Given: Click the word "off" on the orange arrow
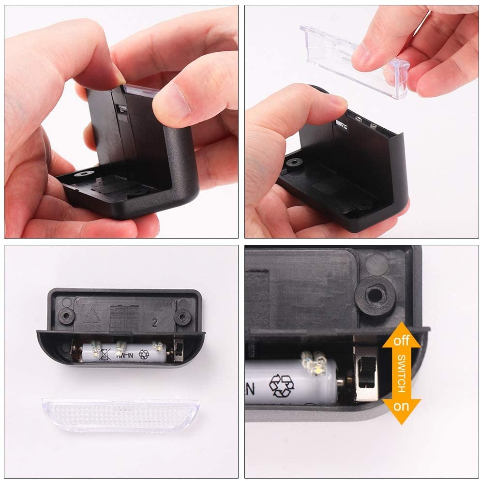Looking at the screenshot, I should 401,341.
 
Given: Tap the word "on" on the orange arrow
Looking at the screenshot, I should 401,406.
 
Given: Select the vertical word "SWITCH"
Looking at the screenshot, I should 402,373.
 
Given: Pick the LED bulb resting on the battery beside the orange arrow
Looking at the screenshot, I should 314,362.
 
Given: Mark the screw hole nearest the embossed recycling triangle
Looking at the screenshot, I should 65,316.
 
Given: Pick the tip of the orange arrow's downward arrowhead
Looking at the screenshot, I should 401,424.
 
